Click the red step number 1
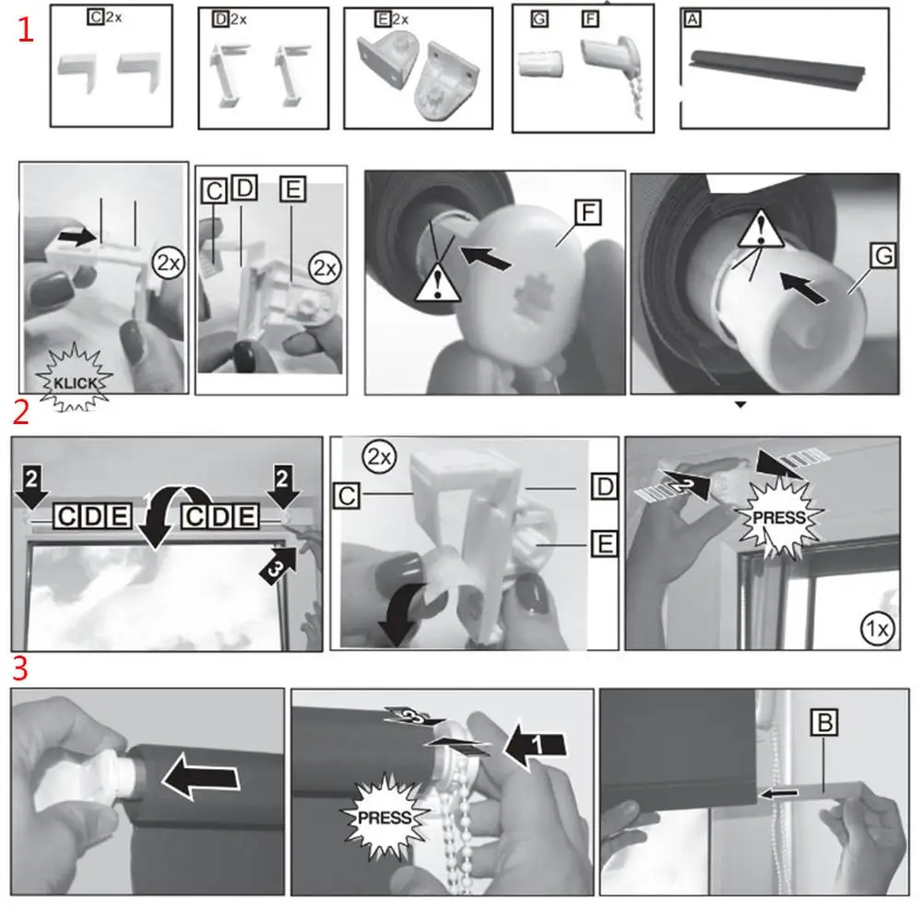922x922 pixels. (x=25, y=30)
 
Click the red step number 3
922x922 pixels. (x=20, y=668)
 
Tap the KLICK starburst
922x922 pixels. (x=74, y=379)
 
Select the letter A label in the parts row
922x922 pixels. (x=692, y=20)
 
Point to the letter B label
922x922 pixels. (x=823, y=722)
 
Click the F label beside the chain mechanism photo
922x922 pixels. (x=588, y=213)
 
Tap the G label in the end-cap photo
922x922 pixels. (x=883, y=255)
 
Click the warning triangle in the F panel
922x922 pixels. (x=437, y=284)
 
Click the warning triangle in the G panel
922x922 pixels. (x=761, y=230)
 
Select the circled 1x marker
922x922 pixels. (x=878, y=629)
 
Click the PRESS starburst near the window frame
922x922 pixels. (x=779, y=517)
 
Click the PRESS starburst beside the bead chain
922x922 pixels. (x=384, y=817)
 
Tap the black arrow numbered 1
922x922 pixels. (x=535, y=744)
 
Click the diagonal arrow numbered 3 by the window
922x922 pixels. (x=278, y=566)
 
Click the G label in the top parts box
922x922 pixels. (x=539, y=19)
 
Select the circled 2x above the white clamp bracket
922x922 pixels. (x=379, y=457)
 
